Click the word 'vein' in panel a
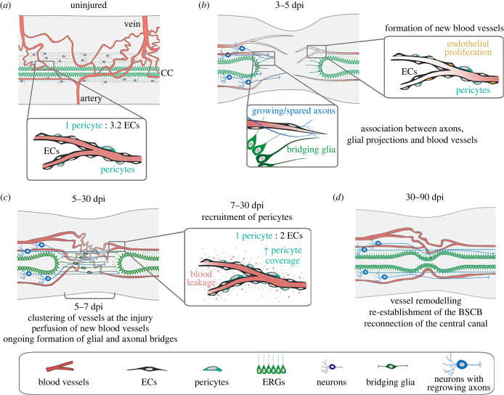(132, 24)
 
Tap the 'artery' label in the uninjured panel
(91, 98)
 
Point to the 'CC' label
(167, 73)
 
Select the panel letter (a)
(6, 6)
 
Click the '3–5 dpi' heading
(289, 6)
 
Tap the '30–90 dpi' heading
(425, 197)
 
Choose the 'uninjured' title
(89, 5)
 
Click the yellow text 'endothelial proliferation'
(468, 48)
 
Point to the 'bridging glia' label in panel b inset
(311, 150)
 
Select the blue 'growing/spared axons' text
(293, 111)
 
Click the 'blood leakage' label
(201, 278)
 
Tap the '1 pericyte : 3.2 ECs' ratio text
(102, 125)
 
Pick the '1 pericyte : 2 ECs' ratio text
(269, 236)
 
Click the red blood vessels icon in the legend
(60, 367)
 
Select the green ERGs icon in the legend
(271, 365)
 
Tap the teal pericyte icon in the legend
(213, 369)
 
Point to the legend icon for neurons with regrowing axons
(462, 365)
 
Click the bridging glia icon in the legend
(391, 366)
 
